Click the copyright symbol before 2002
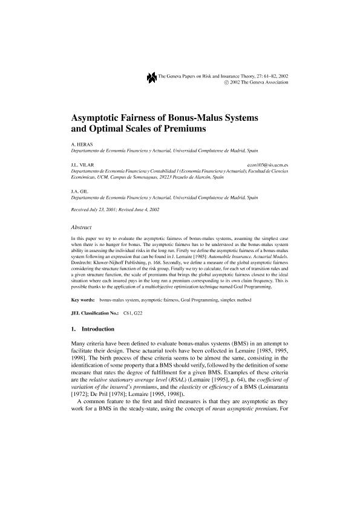[226, 82]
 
